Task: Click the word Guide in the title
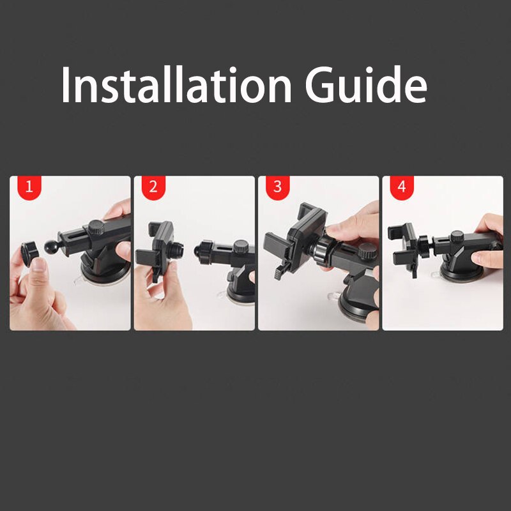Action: pos(365,86)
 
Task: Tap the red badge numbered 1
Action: pos(28,187)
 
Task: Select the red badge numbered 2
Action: pos(152,187)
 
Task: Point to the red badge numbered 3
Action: pos(277,187)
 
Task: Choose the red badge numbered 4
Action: pos(400,187)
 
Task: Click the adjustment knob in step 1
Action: pos(95,225)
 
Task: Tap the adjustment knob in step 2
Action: pos(241,246)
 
